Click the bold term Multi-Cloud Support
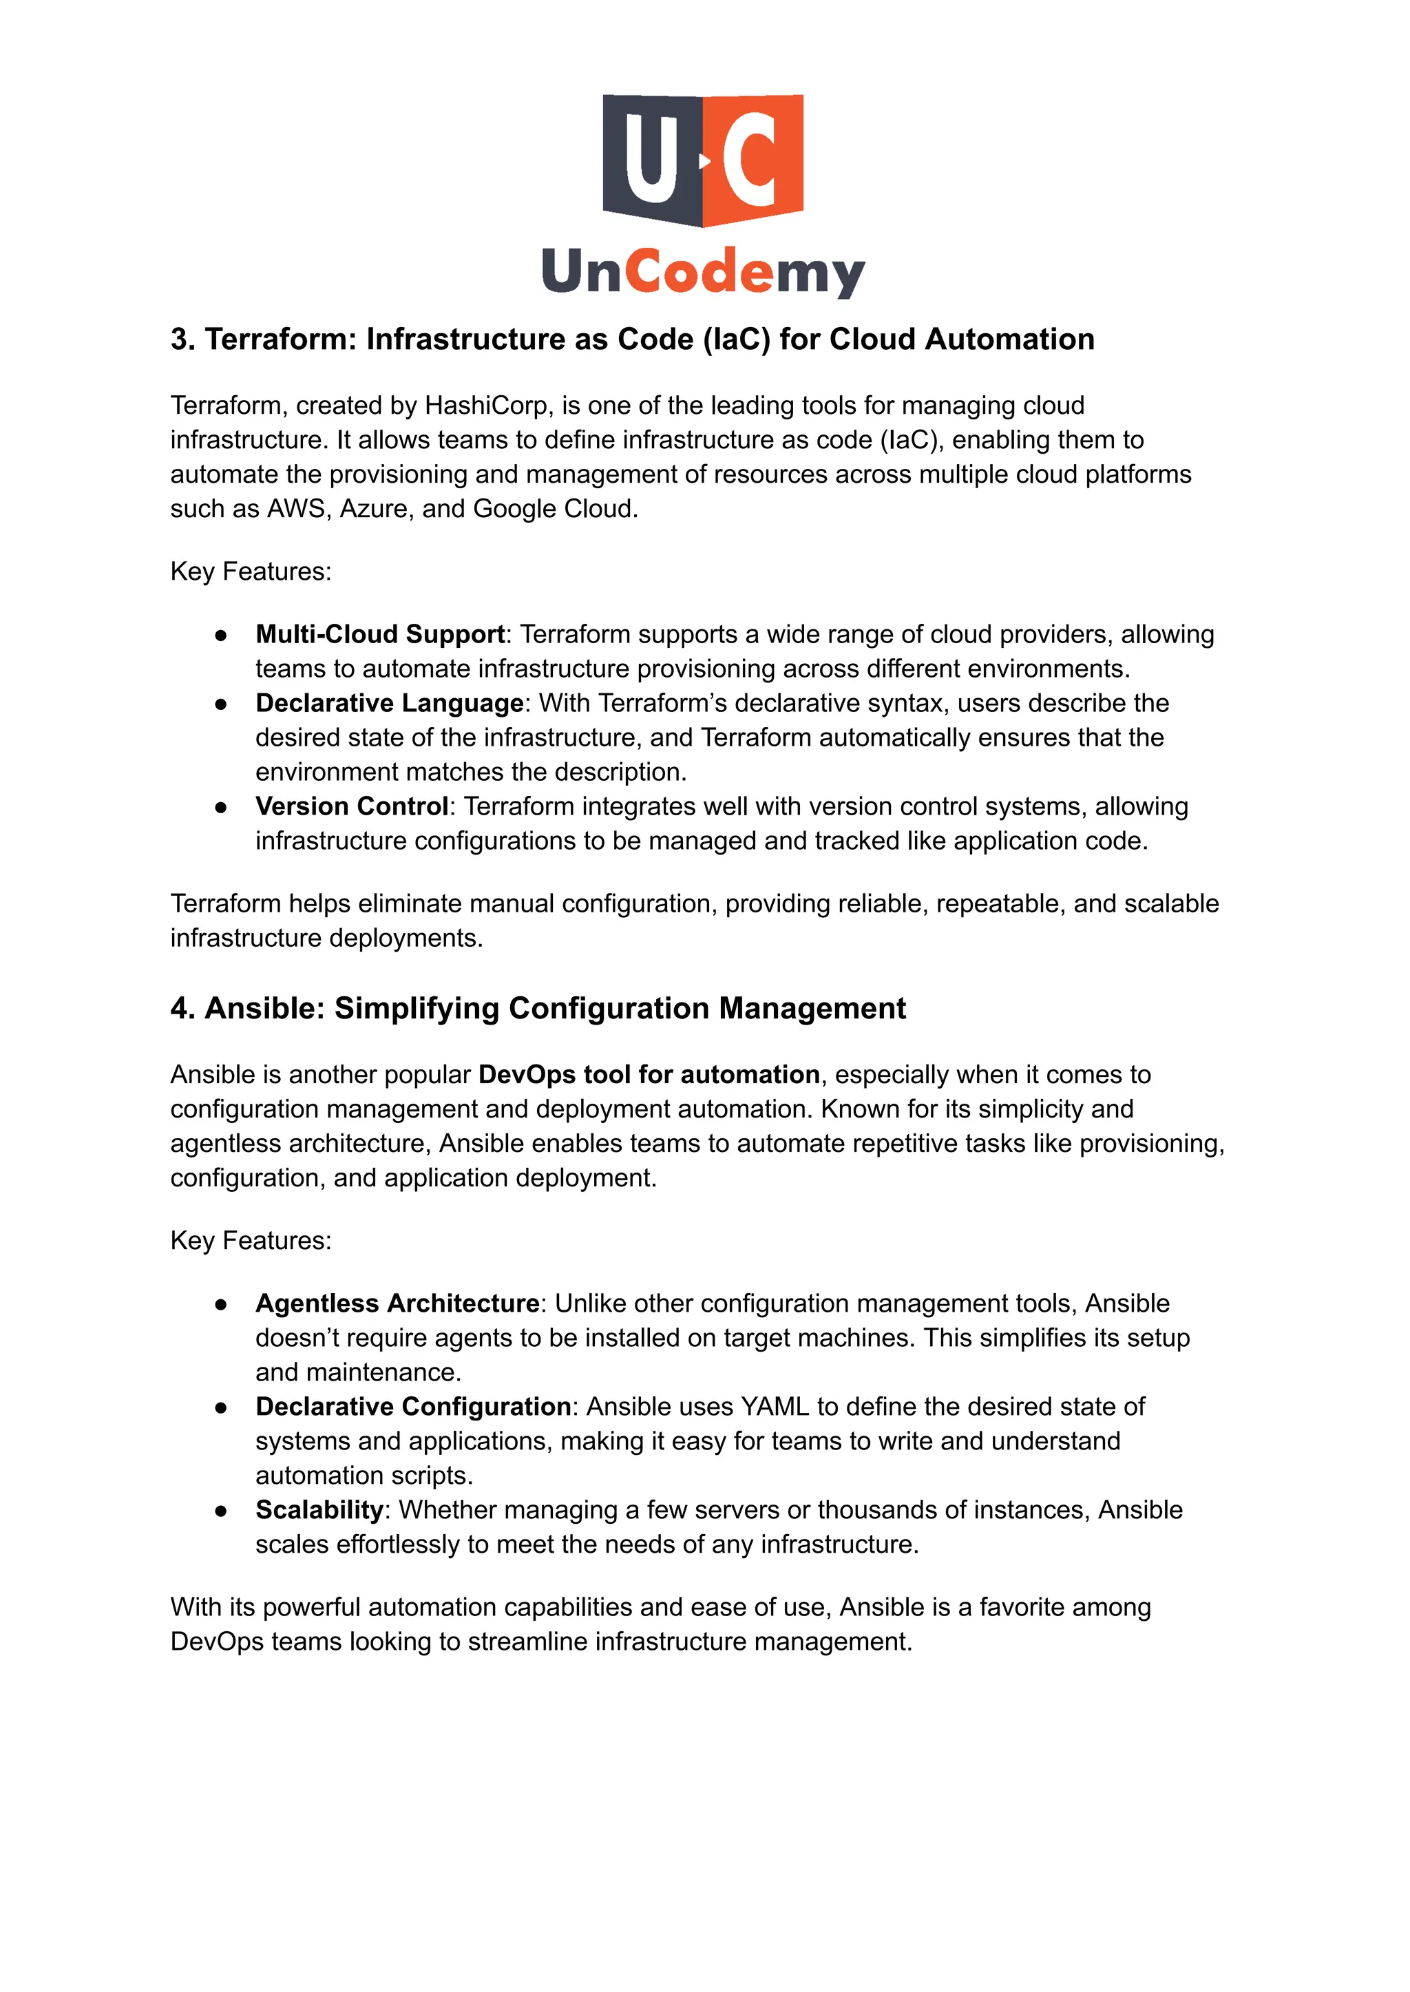tap(379, 634)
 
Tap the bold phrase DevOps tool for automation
tap(649, 1074)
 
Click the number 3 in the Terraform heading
tap(179, 339)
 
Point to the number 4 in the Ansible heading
tap(179, 1008)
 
